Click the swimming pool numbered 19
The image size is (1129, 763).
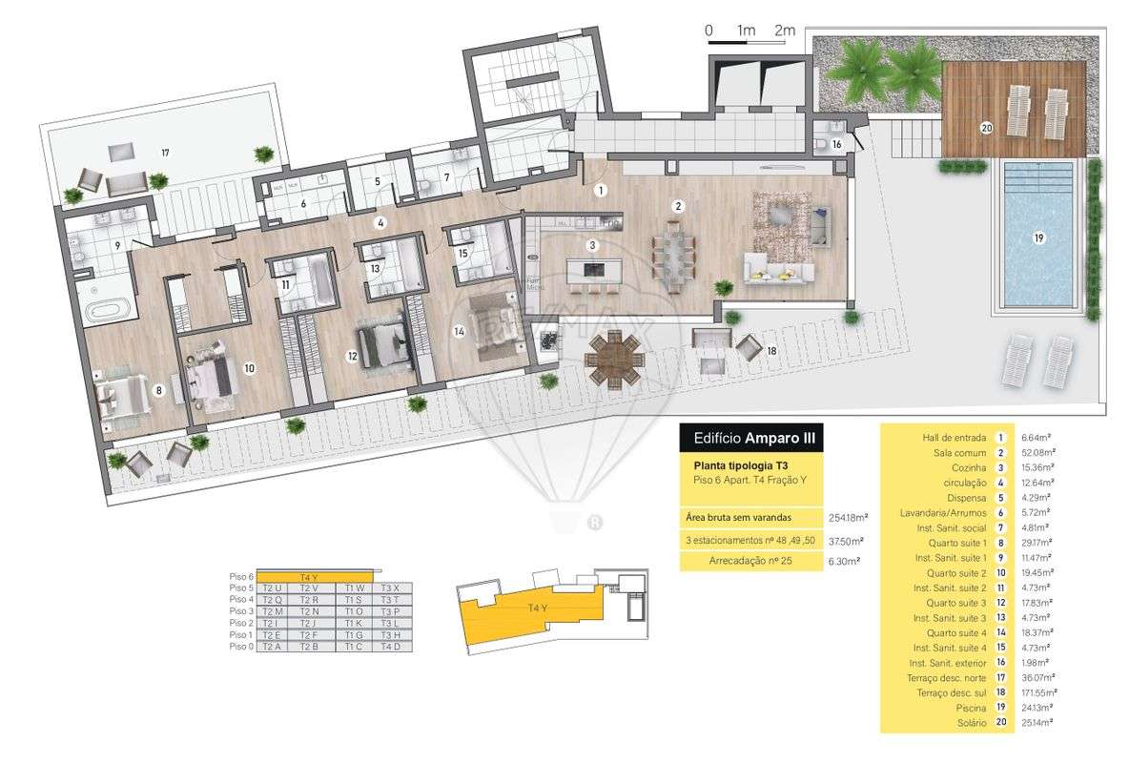click(1038, 238)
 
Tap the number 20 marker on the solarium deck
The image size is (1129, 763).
click(986, 127)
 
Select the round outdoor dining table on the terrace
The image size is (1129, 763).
click(614, 359)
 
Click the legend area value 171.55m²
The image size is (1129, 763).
click(1037, 692)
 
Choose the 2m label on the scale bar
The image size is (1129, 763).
click(785, 31)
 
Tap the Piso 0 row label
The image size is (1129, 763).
click(240, 647)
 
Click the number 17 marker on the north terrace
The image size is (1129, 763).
click(165, 153)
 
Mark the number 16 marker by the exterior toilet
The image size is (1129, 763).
click(836, 144)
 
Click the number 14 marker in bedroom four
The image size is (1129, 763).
click(459, 332)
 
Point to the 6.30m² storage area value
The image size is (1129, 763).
click(844, 562)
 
